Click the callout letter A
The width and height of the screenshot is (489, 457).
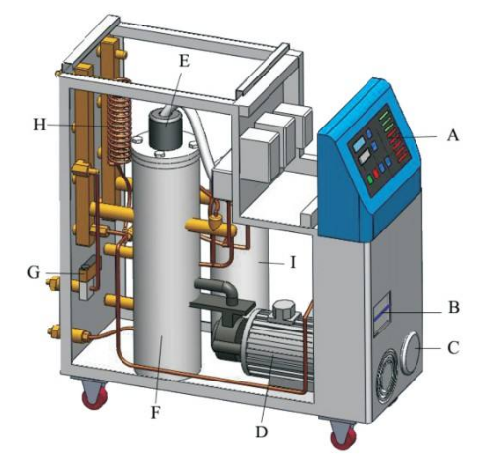pyautogui.click(x=453, y=134)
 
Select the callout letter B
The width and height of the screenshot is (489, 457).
pyautogui.click(x=453, y=307)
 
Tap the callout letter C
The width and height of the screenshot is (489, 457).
pyautogui.click(x=453, y=348)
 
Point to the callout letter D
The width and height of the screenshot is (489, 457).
pyautogui.click(x=261, y=432)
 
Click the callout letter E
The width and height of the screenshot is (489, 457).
pyautogui.click(x=185, y=61)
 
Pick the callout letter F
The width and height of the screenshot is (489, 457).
pyautogui.click(x=156, y=413)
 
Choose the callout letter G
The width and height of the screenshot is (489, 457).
pyautogui.click(x=33, y=272)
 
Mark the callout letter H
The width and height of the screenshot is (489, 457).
pyautogui.click(x=40, y=125)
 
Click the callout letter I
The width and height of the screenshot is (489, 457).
pyautogui.click(x=293, y=262)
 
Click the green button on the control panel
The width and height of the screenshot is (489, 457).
pyautogui.click(x=370, y=179)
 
